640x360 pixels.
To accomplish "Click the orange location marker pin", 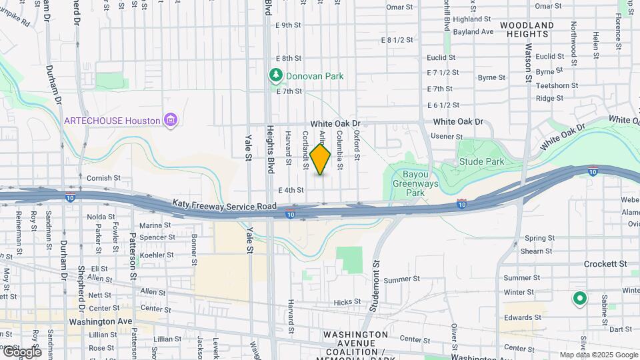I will point(321,159).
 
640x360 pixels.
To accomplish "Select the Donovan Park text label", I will point(315,76).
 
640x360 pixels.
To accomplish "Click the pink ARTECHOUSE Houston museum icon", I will point(171,120).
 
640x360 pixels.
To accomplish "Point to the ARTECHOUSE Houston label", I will point(112,121).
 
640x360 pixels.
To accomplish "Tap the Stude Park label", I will point(481,161).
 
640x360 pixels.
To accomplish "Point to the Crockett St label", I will point(605,264).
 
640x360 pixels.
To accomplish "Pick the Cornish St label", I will point(103,178).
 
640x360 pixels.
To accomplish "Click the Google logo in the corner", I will point(21,351).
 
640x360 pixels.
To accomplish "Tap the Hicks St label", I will point(347,302).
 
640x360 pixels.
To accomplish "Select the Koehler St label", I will point(157,255).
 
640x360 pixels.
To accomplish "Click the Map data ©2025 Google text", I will point(599,355).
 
